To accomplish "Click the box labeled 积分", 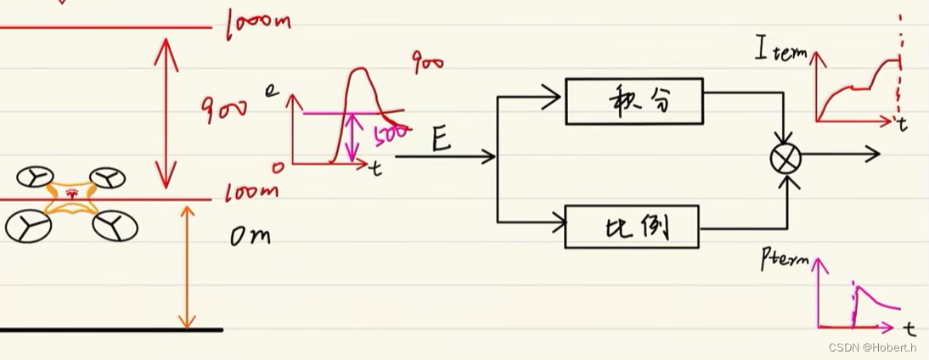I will (x=633, y=101).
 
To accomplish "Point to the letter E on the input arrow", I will (x=441, y=140).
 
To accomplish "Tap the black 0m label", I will (x=250, y=237).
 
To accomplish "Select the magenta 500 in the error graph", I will (x=391, y=134).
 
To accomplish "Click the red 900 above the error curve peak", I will (x=428, y=62).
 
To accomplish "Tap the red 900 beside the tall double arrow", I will (x=225, y=107).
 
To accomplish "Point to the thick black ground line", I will (x=110, y=329).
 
